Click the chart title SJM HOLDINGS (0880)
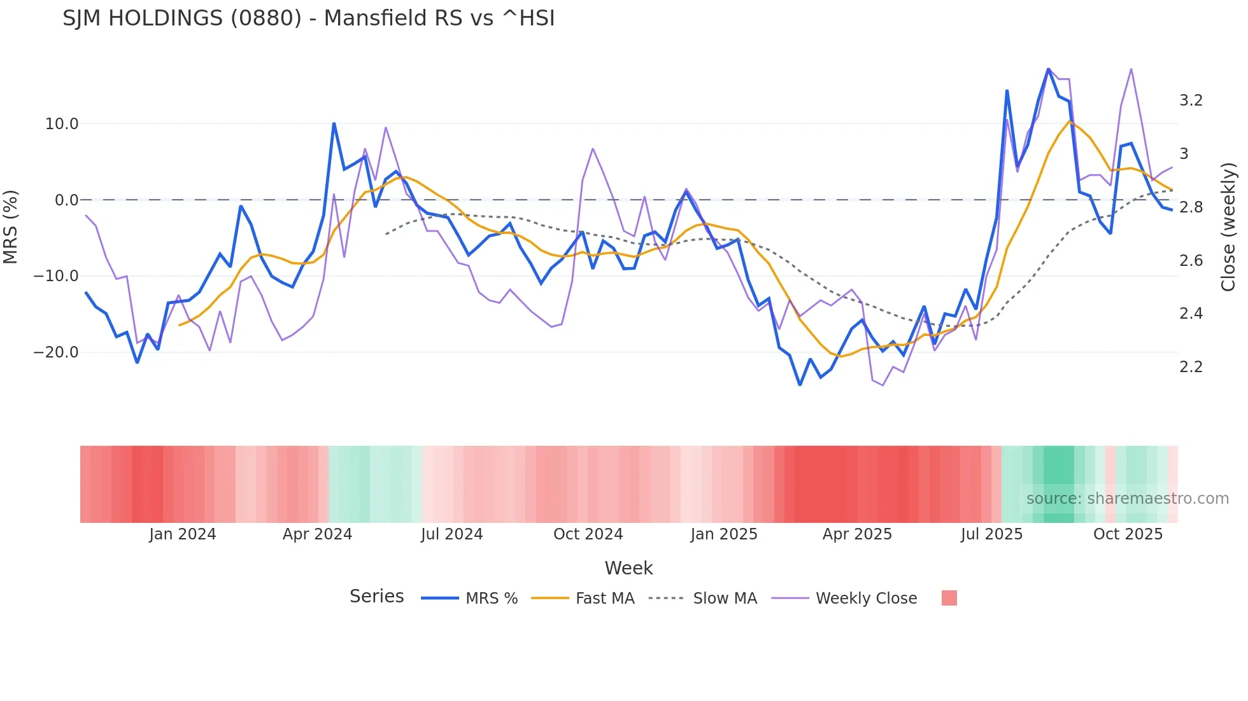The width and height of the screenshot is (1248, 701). [308, 18]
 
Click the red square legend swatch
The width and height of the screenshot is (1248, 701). [949, 598]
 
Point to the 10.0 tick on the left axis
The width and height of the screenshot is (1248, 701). [62, 124]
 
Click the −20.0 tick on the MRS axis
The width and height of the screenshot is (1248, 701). [56, 352]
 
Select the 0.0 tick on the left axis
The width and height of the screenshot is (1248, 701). [66, 200]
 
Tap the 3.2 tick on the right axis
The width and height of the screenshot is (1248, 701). [1191, 101]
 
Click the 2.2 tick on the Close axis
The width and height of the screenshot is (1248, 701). [1191, 367]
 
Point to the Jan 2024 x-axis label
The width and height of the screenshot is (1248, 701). [183, 534]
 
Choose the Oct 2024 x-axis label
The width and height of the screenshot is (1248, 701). [588, 534]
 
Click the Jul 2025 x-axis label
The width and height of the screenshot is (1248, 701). [991, 534]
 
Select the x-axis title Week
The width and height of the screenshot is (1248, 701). [628, 568]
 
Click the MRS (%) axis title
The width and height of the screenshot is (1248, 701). [11, 227]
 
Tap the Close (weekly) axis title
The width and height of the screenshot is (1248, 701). [1228, 227]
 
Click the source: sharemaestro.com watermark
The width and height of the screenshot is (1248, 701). [1127, 499]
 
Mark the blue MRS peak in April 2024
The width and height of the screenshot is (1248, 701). [334, 123]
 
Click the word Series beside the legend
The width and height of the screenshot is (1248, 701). [376, 597]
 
